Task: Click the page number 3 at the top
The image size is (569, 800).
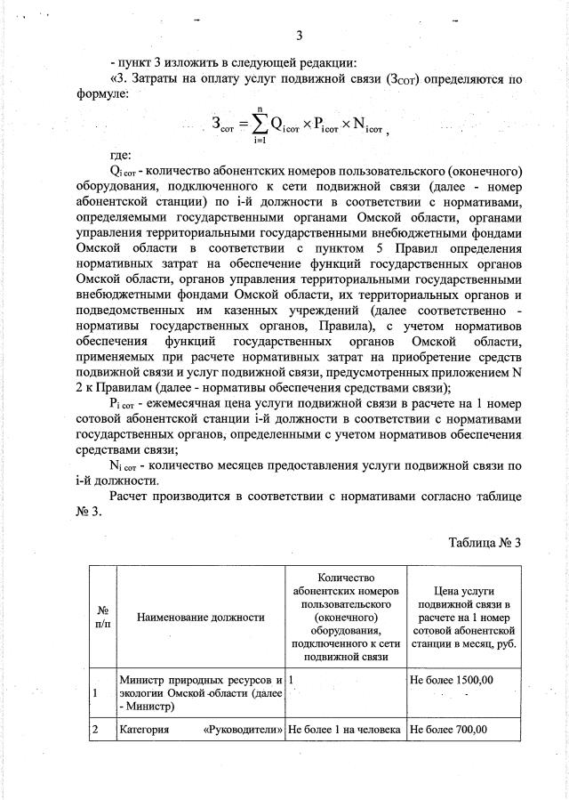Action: [300, 36]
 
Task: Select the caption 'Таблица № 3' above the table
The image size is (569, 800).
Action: [485, 543]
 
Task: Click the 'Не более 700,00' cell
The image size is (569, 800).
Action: [449, 731]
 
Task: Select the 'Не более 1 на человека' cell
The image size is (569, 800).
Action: [344, 731]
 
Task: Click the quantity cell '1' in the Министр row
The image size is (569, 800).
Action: [292, 681]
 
